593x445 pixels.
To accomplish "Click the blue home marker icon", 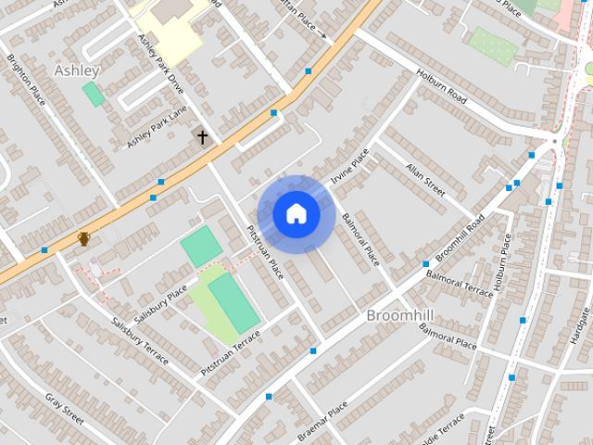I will [x=296, y=213].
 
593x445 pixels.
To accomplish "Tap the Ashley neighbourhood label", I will [x=77, y=70].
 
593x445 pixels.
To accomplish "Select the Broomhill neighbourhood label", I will [x=400, y=316].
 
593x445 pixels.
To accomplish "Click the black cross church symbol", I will [x=202, y=136].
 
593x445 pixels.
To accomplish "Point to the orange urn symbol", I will [x=84, y=239].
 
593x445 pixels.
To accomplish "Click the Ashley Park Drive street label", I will [x=162, y=68].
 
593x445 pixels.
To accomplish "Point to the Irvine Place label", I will [x=349, y=167].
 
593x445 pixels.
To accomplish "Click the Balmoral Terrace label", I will [x=460, y=278].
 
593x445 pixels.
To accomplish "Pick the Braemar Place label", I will [x=324, y=418].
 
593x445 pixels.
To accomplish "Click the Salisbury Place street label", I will [x=159, y=304].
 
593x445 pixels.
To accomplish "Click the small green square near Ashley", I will [x=93, y=94].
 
